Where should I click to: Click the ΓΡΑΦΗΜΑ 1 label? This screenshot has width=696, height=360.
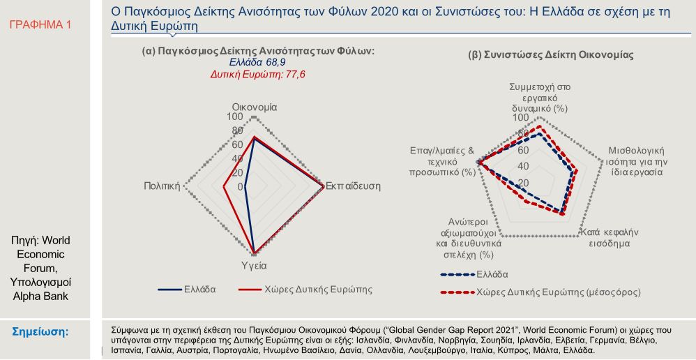coord(40,24)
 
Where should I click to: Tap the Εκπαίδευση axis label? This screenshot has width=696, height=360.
coord(353,186)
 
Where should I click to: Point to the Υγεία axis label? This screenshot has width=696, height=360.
coord(254,266)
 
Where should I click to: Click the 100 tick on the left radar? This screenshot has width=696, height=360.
coord(235,117)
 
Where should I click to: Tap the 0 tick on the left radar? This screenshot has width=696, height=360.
coord(241,187)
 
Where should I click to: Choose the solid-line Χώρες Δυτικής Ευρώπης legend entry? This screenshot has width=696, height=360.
coord(305,288)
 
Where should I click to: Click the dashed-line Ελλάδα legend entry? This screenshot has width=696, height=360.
coord(491,273)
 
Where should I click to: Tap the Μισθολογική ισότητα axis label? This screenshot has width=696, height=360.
coord(635,160)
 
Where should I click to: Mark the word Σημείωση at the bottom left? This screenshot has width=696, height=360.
coord(41,331)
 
